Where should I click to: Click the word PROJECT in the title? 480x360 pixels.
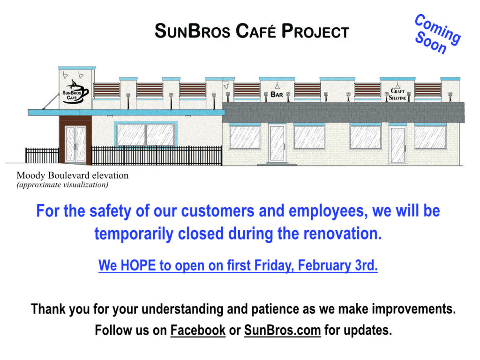[315, 31]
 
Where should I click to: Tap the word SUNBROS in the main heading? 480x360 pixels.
[193, 31]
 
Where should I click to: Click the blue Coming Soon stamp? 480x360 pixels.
[437, 34]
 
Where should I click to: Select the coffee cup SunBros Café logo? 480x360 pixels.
[75, 92]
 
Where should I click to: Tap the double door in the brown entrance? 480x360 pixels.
[75, 144]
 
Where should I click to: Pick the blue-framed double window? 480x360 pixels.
[146, 134]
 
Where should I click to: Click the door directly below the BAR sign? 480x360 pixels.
[277, 143]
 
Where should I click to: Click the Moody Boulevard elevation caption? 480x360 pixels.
[73, 175]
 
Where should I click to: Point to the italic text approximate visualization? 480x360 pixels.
[62, 185]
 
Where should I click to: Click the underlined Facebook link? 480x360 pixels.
[198, 330]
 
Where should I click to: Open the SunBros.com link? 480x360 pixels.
[282, 330]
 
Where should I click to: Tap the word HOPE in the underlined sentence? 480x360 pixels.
[138, 265]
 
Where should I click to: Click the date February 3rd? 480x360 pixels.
[337, 265]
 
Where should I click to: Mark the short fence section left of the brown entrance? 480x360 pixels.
[42, 156]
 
